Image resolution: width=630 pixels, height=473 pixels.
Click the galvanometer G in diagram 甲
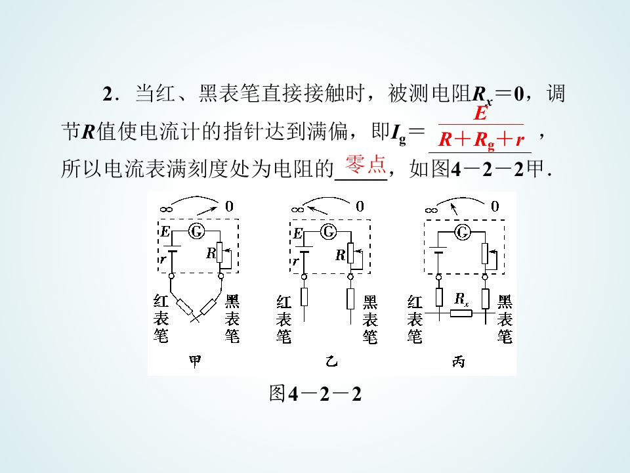point(196,231)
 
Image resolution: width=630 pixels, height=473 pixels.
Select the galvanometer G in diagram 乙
point(329,231)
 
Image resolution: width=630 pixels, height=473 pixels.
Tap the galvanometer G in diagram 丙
point(463,232)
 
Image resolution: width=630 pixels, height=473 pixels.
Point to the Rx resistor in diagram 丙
point(461,313)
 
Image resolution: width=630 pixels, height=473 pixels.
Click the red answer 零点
point(366,164)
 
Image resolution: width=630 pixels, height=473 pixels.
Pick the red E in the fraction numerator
point(480,112)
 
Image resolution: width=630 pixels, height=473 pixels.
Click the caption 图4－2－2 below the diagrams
point(316,394)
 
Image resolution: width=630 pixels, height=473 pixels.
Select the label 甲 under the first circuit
point(196,361)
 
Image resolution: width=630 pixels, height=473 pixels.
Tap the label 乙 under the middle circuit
point(331,361)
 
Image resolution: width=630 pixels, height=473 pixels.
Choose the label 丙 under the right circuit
point(459,361)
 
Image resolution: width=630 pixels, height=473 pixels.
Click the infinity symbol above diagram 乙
point(298,209)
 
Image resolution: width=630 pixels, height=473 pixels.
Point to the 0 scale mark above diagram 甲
point(229,206)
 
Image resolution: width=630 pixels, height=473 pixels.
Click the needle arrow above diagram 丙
point(454,209)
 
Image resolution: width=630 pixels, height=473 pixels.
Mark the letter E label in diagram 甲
point(165,231)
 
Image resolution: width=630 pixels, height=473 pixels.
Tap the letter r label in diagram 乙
point(296,261)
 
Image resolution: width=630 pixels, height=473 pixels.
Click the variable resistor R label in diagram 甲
point(211,253)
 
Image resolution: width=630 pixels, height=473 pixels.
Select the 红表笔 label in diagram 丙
point(415,319)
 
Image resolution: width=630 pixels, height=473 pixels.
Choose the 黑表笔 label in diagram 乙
point(370,319)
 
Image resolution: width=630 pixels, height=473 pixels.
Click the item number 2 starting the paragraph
point(108,94)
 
